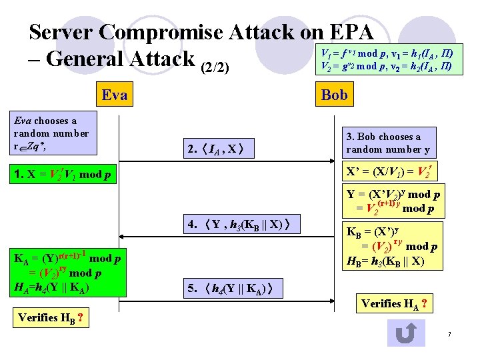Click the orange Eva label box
[x=114, y=95]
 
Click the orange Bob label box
[x=334, y=95]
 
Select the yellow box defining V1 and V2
[x=387, y=60]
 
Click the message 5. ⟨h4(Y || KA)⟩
[x=233, y=289]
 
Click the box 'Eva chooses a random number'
[x=51, y=133]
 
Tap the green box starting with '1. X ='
[x=60, y=174]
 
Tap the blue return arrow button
[x=406, y=333]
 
